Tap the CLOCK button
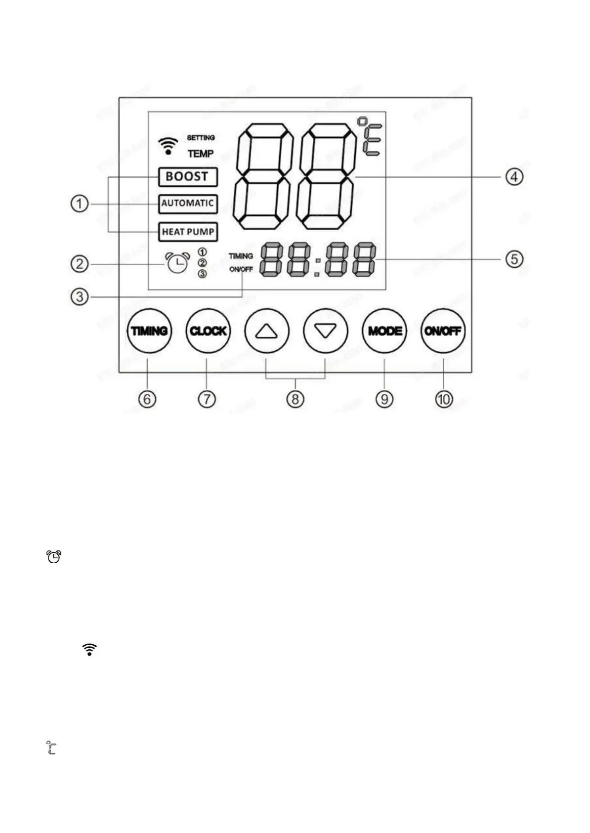point(208,331)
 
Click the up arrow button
point(266,331)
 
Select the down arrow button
point(325,331)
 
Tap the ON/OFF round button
point(443,331)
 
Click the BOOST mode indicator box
point(188,176)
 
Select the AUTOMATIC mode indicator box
point(188,204)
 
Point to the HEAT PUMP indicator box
point(188,232)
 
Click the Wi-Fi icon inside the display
point(169,146)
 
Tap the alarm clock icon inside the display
point(177,262)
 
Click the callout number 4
point(514,176)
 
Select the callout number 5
point(514,258)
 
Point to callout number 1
point(80,204)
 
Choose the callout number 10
point(444,399)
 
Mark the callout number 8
point(295,399)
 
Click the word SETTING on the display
point(201,137)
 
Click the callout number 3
point(80,297)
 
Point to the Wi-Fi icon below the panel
point(89,650)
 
